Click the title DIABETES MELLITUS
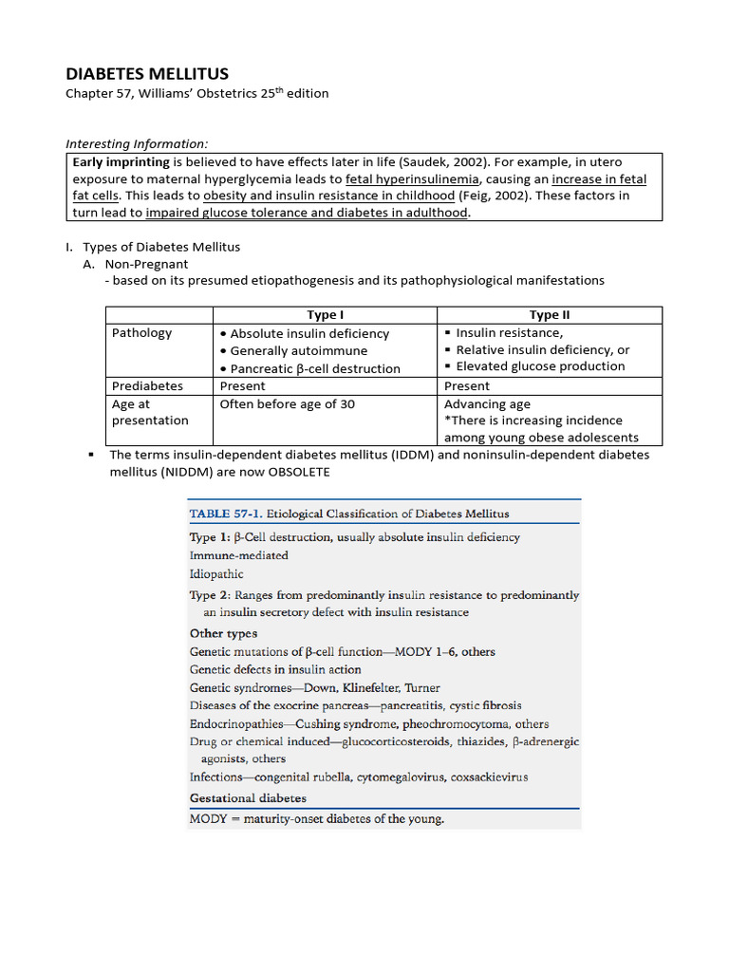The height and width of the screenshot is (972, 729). pyautogui.click(x=146, y=73)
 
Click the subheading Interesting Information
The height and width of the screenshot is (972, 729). pyautogui.click(x=136, y=143)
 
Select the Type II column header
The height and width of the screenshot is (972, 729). pyautogui.click(x=549, y=315)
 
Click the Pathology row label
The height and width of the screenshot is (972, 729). pyautogui.click(x=142, y=333)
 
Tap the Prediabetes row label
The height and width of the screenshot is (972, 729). pyautogui.click(x=147, y=386)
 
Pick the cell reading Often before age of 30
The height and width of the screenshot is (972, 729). pyautogui.click(x=288, y=404)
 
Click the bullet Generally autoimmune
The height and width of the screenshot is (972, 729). pyautogui.click(x=298, y=351)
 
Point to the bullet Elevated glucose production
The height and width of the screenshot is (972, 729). pyautogui.click(x=540, y=366)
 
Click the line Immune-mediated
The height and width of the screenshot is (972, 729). pyautogui.click(x=239, y=555)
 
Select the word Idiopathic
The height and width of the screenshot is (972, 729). pyautogui.click(x=216, y=574)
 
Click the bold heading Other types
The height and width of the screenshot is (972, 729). pyautogui.click(x=223, y=633)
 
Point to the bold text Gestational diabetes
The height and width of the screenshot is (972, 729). pyautogui.click(x=248, y=798)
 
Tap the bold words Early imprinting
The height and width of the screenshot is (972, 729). pyautogui.click(x=119, y=162)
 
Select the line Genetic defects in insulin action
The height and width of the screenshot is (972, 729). pyautogui.click(x=275, y=669)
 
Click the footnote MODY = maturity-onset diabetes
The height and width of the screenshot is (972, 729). pyautogui.click(x=317, y=818)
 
